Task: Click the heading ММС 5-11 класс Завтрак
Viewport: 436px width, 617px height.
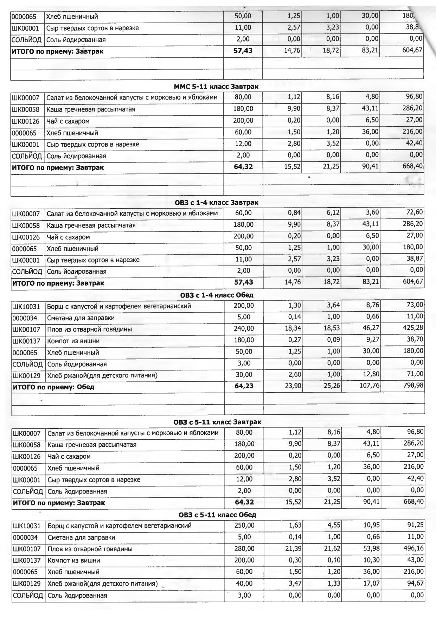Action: [x=216, y=87]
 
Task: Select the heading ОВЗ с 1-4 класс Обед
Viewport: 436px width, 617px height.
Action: [x=217, y=295]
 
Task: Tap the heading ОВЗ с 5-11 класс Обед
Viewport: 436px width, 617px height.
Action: [x=217, y=515]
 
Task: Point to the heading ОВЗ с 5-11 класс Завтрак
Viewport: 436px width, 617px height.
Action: [x=217, y=422]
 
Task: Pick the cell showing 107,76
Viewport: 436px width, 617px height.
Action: [x=369, y=386]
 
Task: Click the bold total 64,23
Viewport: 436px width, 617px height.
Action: [x=244, y=386]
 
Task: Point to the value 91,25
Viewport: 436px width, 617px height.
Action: [x=415, y=525]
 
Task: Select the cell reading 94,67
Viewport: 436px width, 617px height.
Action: [x=415, y=583]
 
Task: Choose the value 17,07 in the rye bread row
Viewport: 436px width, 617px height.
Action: [x=371, y=584]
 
